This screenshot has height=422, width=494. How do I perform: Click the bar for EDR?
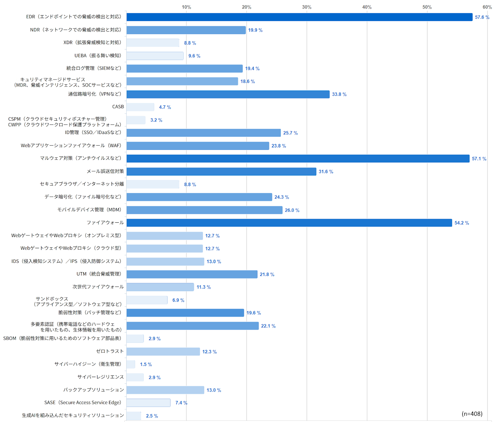tap(299, 17)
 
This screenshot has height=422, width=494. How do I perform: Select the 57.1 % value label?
tap(479, 159)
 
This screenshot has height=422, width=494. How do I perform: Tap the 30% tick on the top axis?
tap(307, 7)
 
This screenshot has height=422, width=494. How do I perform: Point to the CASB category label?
tap(118, 107)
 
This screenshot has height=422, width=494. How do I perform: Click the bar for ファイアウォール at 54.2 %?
tap(289, 223)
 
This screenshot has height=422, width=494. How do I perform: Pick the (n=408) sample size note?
tap(472, 414)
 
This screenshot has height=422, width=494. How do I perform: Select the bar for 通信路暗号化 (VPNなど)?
tap(228, 94)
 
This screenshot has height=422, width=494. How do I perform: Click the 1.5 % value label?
tap(146, 364)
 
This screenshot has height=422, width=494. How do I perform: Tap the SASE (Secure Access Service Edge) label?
tap(83, 403)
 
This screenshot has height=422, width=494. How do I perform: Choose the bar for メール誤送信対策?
tap(221, 171)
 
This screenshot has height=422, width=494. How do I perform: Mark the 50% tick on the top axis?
tap(427, 7)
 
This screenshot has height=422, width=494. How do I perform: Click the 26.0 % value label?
tap(292, 210)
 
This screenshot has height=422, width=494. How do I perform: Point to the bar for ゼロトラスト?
tap(163, 352)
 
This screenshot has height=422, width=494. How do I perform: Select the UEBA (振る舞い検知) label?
tap(98, 56)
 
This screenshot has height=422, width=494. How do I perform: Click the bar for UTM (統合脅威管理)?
tap(192, 274)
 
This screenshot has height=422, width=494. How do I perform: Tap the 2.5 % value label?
tap(152, 416)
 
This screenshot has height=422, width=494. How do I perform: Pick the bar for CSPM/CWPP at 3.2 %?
tap(136, 120)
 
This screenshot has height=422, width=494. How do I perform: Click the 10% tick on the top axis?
tap(186, 7)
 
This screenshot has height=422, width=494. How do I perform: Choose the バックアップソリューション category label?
tap(93, 390)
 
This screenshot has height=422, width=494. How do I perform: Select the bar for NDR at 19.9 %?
tap(186, 30)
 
